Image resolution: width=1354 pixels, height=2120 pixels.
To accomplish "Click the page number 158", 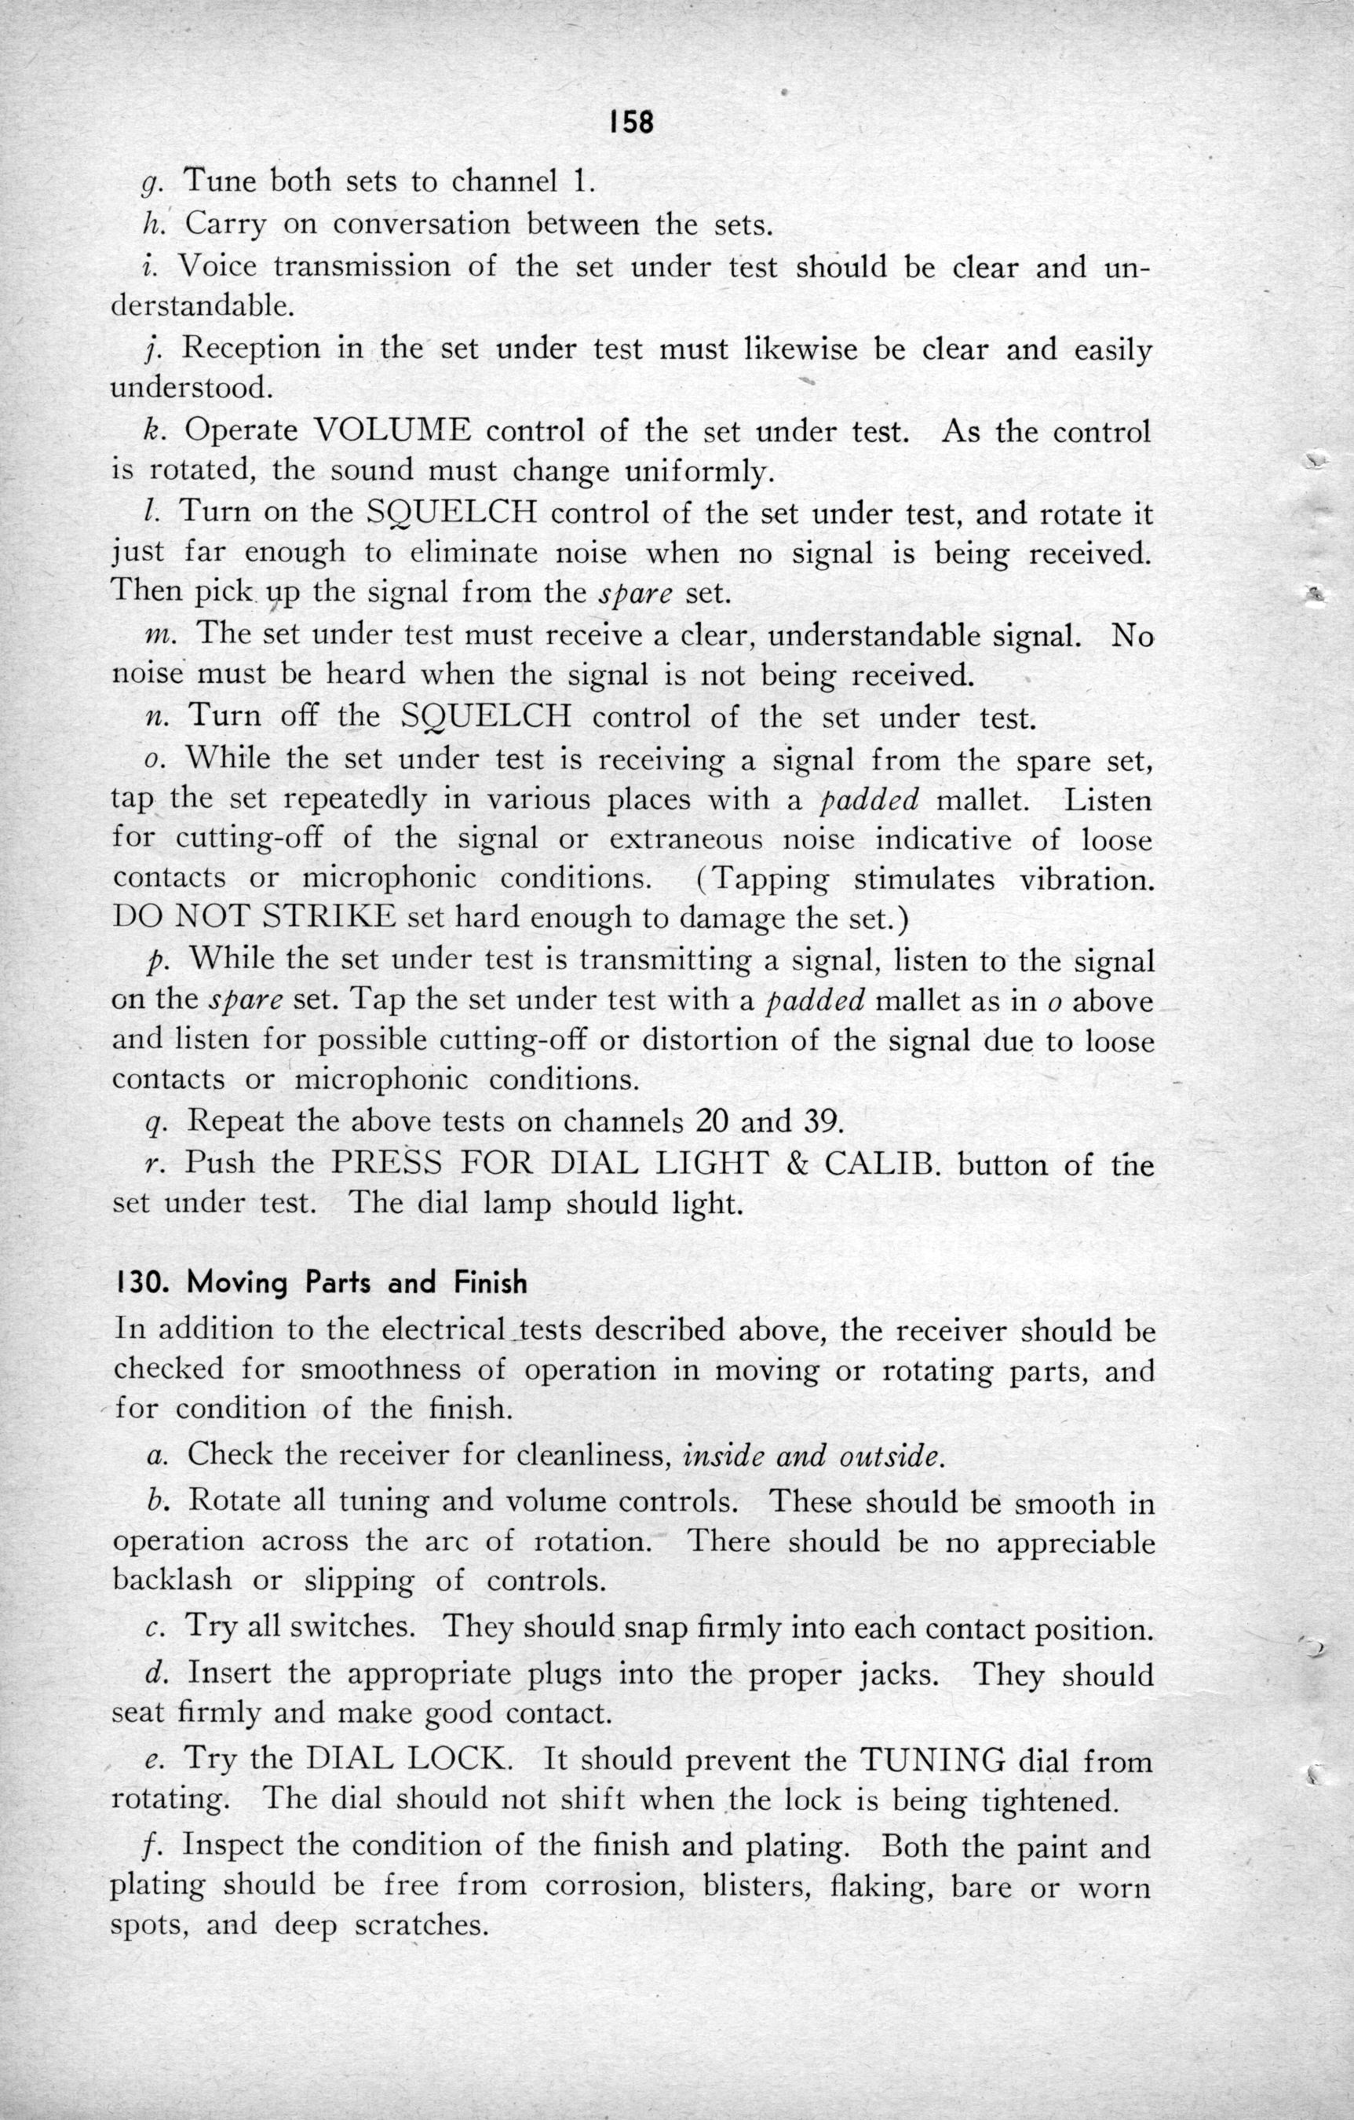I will (631, 122).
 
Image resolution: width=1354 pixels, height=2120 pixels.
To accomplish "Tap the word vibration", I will (1086, 879).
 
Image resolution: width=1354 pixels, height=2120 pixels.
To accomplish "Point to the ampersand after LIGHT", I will (795, 1164).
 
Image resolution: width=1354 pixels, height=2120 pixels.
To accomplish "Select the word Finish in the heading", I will (491, 1283).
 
